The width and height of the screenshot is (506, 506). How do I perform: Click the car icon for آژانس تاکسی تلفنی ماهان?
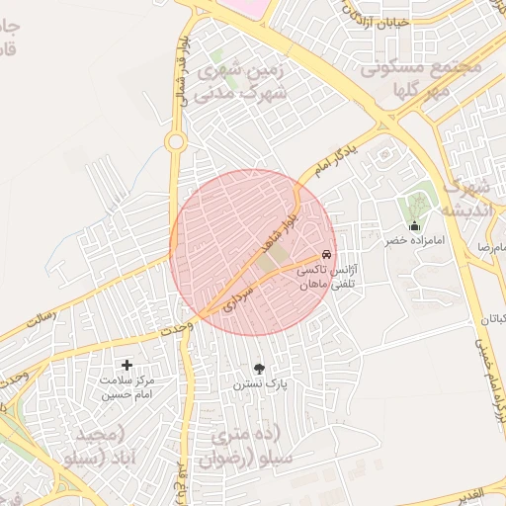tap(326, 254)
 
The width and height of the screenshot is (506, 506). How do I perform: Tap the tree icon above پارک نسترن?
tap(259, 368)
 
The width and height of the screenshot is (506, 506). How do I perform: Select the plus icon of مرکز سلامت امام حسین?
tap(126, 366)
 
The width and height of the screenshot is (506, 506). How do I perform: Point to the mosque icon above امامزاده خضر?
tap(414, 225)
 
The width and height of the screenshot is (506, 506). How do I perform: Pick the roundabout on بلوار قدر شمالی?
tap(176, 142)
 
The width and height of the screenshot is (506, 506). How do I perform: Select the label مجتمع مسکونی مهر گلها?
tap(420, 78)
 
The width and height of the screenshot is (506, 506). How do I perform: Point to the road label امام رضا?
tap(490, 243)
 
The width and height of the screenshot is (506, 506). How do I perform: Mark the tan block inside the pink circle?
tap(273, 260)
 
